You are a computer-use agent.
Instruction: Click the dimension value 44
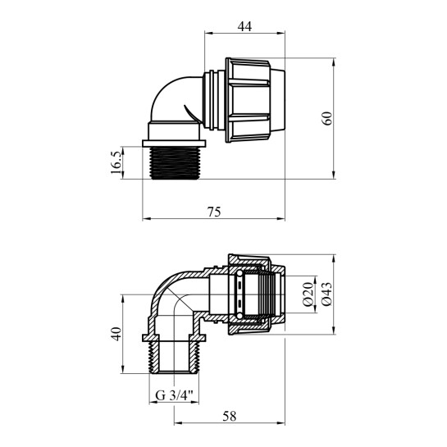click(x=244, y=25)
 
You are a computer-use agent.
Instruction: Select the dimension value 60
click(x=327, y=117)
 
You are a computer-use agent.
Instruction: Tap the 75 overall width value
click(x=214, y=211)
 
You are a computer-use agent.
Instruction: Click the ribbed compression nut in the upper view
click(x=256, y=99)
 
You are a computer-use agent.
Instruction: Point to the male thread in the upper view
click(x=175, y=160)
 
